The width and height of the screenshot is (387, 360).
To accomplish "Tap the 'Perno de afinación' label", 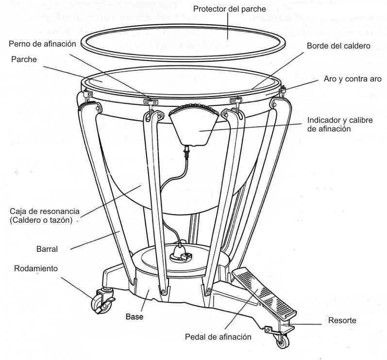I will (x=43, y=44).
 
